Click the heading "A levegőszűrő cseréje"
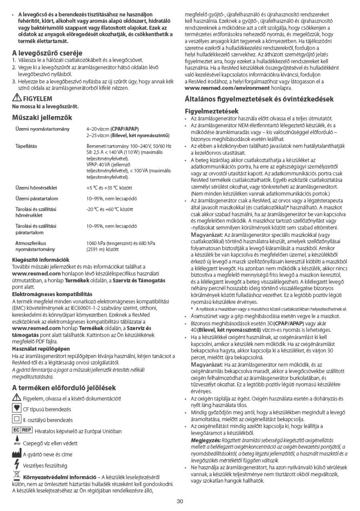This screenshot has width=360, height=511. click(x=47, y=52)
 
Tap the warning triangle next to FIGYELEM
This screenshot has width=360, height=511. click(x=17, y=98)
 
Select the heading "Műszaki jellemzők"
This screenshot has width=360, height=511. click(x=42, y=118)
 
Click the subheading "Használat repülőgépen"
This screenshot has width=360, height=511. click(x=41, y=349)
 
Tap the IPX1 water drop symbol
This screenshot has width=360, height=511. click(x=17, y=442)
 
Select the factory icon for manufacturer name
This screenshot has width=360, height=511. click(x=17, y=454)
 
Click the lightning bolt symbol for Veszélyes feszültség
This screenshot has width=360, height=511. click(x=16, y=465)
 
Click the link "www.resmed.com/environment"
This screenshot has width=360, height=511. click(x=227, y=87)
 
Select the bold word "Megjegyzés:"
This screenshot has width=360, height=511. click(x=204, y=440)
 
